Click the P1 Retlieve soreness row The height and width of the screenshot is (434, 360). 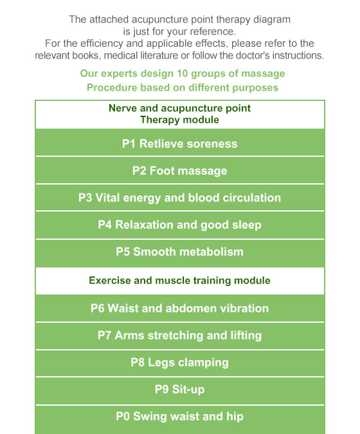180,143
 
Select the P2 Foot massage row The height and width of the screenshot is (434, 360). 180,170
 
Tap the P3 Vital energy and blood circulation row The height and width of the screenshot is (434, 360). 180,197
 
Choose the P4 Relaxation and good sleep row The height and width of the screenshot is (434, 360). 180,225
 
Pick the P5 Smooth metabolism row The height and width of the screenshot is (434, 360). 180,252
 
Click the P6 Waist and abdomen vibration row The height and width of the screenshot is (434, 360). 180,308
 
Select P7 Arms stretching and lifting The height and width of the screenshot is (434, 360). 180,336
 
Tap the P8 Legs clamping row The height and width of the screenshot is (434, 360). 180,363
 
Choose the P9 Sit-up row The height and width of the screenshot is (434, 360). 180,390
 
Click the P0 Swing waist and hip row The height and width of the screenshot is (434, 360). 180,417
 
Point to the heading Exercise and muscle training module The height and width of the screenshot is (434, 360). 179,281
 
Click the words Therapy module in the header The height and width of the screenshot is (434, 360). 179,120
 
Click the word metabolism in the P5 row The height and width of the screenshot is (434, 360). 212,252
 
